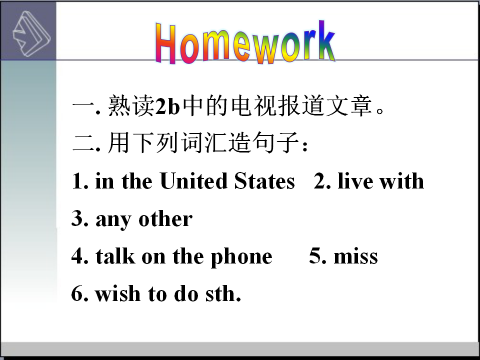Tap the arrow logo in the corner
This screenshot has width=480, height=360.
tap(31, 33)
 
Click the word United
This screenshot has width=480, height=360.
tap(194, 180)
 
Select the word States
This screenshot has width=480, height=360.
tap(264, 180)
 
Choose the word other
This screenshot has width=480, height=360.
tap(165, 218)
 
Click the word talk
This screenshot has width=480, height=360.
tap(115, 255)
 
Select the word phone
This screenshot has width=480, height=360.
tap(241, 257)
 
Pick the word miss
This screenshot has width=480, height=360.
tap(355, 256)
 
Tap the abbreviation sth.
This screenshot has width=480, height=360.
tap(223, 293)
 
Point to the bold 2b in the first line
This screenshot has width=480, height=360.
tap(168, 106)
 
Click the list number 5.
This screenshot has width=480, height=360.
tap(318, 256)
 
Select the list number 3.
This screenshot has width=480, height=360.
tap(80, 218)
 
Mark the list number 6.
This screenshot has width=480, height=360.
tap(80, 293)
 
